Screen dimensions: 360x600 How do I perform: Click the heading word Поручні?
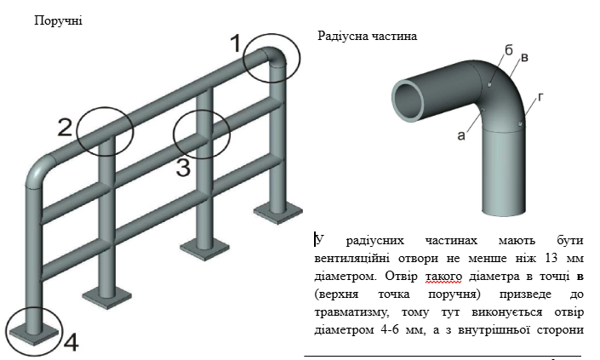(58, 20)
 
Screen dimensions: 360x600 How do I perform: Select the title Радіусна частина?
(367, 37)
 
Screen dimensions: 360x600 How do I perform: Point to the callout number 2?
(66, 128)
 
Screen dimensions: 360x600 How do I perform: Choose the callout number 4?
(71, 343)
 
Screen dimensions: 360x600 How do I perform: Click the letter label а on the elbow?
(462, 134)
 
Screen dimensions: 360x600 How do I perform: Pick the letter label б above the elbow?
(508, 52)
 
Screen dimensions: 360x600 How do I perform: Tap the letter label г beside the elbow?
(541, 98)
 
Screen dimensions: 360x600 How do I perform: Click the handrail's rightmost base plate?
(276, 209)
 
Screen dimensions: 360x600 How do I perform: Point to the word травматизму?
(350, 312)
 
